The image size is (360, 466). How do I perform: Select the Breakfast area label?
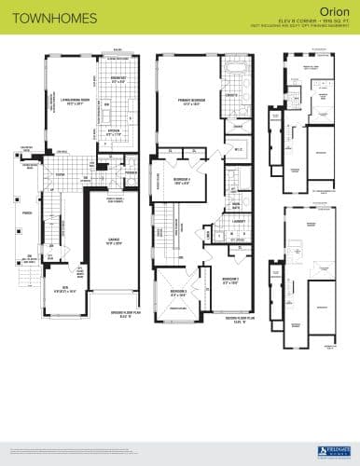coord(118,80)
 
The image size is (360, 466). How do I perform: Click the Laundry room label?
coord(240,222)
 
